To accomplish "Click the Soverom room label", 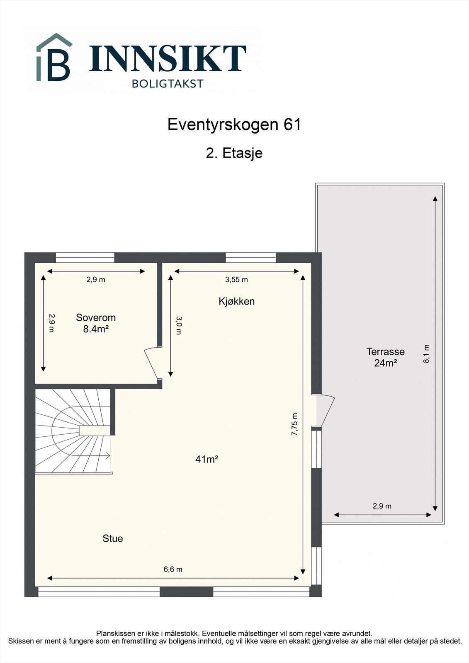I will point(96,318).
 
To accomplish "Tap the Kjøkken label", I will point(236,301).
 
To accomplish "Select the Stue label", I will point(113,538).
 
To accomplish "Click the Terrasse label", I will point(385,352).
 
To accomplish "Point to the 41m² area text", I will point(207,459).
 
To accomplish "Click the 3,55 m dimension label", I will point(236,280).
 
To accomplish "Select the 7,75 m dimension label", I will point(295,424).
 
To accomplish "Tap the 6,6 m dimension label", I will point(173,569).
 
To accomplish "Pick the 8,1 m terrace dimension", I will point(426,354).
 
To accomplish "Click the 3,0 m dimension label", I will point(178,325).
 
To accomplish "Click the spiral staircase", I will point(73,431).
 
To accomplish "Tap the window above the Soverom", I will point(85,257).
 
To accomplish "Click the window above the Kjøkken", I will point(251,257).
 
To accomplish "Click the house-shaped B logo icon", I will point(54,58).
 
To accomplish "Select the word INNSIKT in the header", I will point(168,58).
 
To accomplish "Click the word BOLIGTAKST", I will point(168,84).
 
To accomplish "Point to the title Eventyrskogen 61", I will point(234,124).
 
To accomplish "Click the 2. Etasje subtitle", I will point(234,153).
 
